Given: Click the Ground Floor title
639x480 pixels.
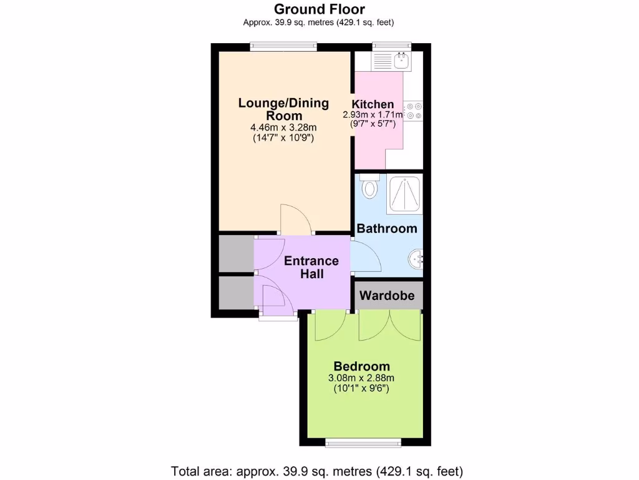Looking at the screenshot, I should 319,9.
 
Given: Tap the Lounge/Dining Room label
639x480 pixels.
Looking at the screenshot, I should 284,109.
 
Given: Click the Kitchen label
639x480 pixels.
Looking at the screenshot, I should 373,104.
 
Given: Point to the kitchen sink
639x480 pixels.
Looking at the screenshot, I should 401,61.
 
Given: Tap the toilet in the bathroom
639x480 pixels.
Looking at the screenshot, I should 369,186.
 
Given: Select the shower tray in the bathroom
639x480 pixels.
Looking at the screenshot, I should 405,194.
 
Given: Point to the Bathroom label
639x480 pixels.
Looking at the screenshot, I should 387,229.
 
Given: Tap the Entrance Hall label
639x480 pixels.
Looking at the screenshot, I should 311,267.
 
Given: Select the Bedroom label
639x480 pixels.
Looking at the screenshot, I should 361,366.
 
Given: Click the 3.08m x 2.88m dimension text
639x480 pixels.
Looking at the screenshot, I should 361,378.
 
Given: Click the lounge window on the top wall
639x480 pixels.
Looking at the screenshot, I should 284,47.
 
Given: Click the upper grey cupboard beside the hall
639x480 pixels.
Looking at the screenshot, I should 236,253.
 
